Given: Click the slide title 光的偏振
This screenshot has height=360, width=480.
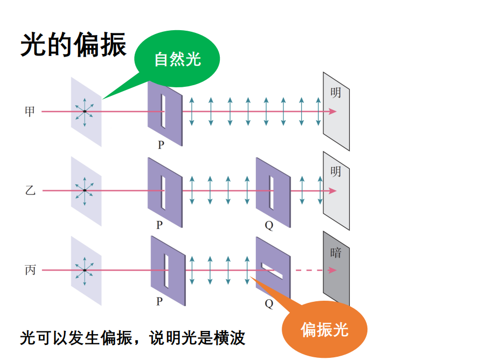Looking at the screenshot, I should tap(74, 44).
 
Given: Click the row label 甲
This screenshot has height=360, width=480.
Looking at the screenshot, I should tap(30, 112).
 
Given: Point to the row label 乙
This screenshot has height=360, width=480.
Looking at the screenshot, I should tap(30, 191).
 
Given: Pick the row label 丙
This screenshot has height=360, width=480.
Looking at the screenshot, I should tap(30, 270).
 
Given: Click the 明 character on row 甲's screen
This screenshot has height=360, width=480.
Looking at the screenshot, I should tap(336, 93).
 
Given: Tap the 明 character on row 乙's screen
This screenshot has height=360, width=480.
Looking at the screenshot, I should tap(336, 172).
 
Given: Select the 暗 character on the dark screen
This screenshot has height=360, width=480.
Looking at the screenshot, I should tap(336, 252).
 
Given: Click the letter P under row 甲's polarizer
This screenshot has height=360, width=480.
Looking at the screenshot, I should tap(161, 146).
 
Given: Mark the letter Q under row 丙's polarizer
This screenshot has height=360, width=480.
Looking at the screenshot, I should tap(269, 304).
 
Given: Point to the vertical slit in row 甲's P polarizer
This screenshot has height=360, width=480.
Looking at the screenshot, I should tap(163, 111).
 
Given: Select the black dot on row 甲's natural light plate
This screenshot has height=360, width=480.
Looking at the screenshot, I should tap(85, 112).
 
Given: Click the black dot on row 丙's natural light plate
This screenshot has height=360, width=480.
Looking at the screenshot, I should tap(85, 270).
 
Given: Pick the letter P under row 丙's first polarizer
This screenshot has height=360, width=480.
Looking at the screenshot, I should tap(159, 302).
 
